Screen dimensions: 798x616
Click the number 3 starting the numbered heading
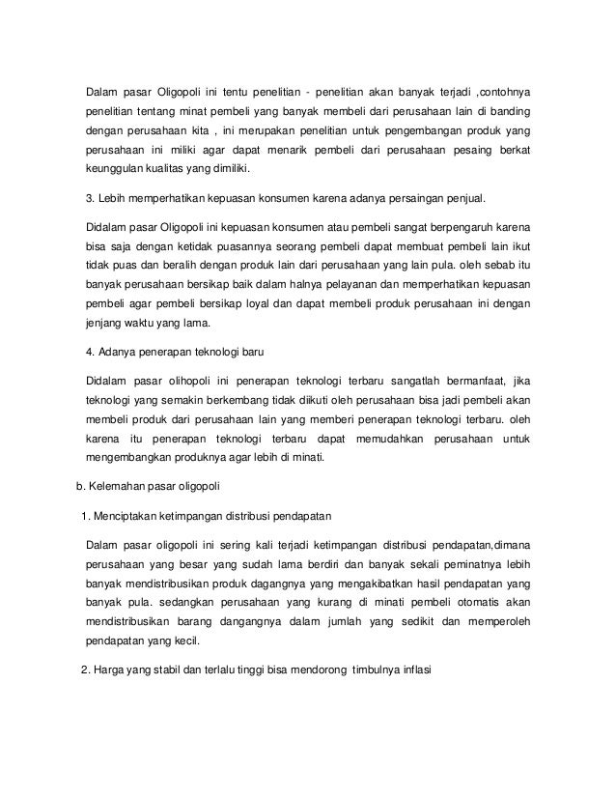tap(90, 199)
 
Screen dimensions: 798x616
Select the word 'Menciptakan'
tap(133, 513)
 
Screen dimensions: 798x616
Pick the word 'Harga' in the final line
tap(110, 666)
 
